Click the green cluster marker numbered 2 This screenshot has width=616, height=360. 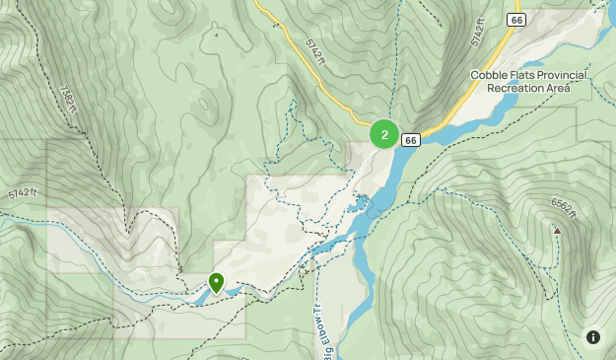point(384,134)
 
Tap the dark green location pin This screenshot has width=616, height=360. point(216,283)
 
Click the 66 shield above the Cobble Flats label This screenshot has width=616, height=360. point(516,20)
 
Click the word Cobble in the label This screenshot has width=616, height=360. point(491,75)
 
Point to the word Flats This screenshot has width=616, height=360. point(527,75)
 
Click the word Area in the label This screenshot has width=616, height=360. point(558,88)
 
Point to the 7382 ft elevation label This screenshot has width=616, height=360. point(72,98)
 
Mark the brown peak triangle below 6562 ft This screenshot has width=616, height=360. point(557,231)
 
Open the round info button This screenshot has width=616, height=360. point(593,337)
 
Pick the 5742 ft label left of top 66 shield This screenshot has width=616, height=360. point(478,32)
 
